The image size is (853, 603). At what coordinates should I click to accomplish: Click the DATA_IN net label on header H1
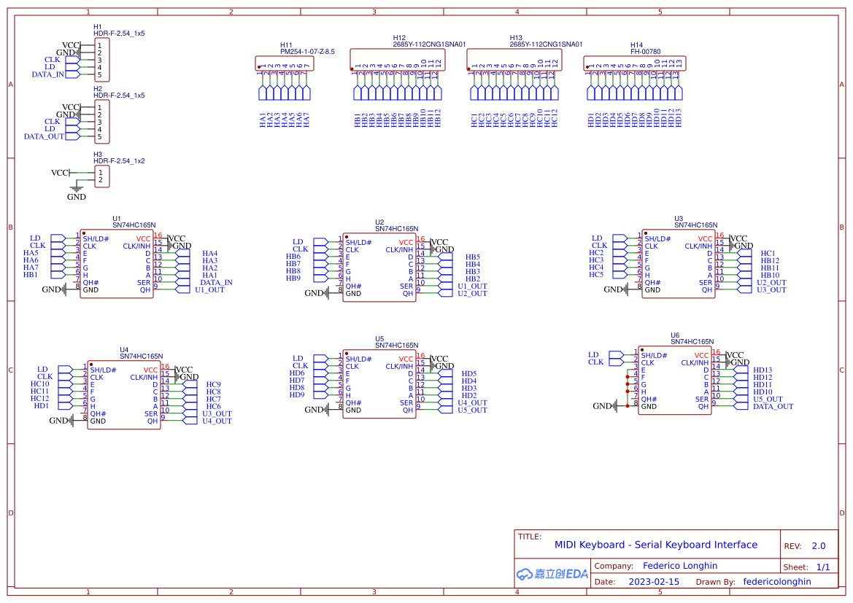47,74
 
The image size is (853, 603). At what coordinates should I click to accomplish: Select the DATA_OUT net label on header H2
44,136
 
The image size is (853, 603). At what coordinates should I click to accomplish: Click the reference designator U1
117,218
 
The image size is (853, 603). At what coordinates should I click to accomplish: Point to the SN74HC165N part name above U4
142,356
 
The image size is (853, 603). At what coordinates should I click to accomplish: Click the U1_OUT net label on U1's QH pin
210,289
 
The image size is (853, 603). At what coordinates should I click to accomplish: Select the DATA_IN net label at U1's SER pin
216,282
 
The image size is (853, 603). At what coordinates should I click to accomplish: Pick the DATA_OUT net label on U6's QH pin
773,406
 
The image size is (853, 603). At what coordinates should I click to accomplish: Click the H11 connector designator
287,44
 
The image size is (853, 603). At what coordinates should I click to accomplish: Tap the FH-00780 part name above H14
645,52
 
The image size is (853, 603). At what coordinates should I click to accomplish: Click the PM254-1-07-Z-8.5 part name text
307,52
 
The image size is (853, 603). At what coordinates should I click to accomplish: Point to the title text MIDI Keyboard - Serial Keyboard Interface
655,545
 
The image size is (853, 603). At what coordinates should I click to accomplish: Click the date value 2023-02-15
654,582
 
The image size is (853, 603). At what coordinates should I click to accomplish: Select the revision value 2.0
819,546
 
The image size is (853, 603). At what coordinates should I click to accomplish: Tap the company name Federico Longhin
680,566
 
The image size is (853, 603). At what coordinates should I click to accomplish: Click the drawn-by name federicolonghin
777,582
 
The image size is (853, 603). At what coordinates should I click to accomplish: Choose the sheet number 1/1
822,567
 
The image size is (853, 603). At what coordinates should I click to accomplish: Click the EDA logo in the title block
552,574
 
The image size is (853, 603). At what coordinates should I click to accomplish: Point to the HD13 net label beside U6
763,370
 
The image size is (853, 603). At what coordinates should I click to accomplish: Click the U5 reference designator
379,338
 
